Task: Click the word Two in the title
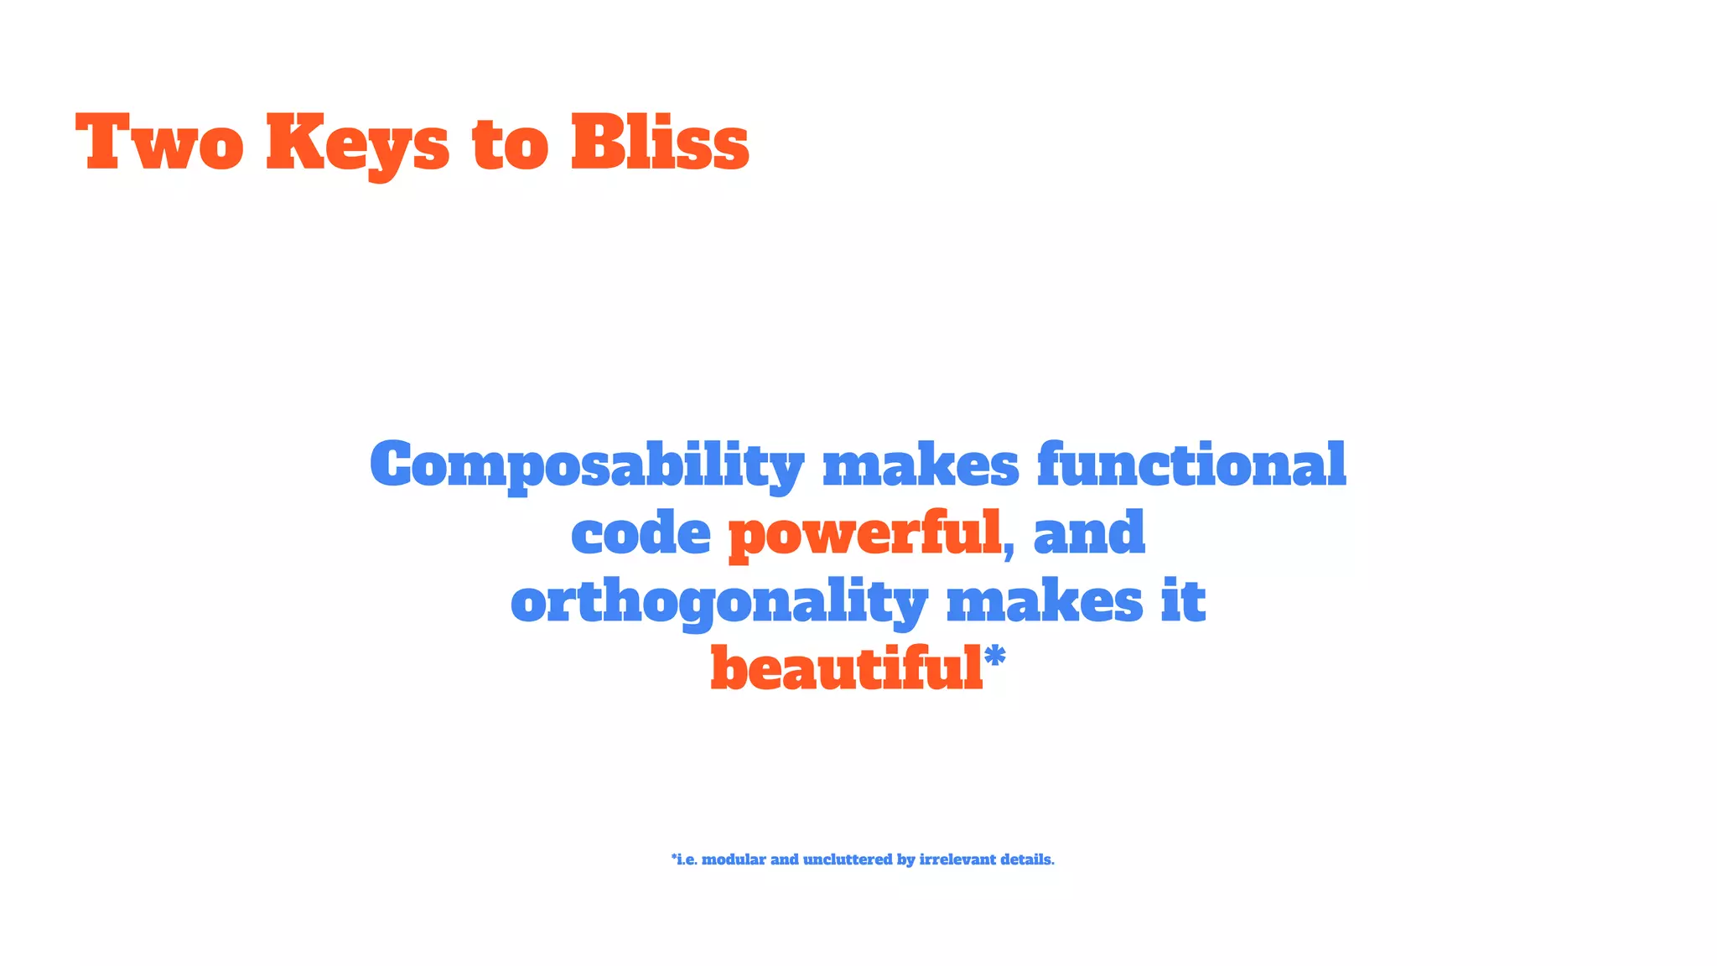[x=159, y=143]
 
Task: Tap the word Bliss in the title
[x=660, y=143]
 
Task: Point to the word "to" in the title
[x=511, y=144]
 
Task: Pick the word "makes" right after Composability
[x=921, y=465]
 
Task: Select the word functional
[x=1191, y=465]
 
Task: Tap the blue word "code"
[x=641, y=533]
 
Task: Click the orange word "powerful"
[x=864, y=535]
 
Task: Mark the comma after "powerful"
[x=1009, y=549]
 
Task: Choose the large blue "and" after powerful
[x=1089, y=533]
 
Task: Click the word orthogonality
[x=719, y=603]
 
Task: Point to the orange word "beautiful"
[x=846, y=669]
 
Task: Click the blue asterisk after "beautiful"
[x=994, y=657]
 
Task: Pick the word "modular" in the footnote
[x=734, y=860]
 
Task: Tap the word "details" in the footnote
[x=1026, y=860]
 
